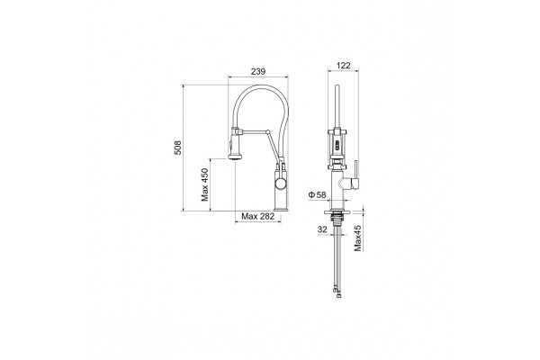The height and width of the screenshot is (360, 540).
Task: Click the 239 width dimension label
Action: pyautogui.click(x=258, y=71)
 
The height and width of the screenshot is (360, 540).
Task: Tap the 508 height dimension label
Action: pyautogui.click(x=177, y=148)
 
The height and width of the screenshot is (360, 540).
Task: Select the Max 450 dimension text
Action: pyautogui.click(x=205, y=184)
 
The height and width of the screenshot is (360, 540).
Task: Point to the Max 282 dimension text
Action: pyautogui.click(x=258, y=216)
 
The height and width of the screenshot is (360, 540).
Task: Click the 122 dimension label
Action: pyautogui.click(x=343, y=66)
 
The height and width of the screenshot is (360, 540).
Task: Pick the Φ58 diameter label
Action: pyautogui.click(x=317, y=195)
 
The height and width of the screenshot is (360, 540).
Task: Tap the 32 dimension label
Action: pyautogui.click(x=322, y=229)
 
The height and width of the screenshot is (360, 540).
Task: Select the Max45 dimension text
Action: pyautogui.click(x=358, y=238)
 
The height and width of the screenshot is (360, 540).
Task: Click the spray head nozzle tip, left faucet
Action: pyautogui.click(x=235, y=157)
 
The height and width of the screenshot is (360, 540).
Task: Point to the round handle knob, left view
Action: pyautogui.click(x=280, y=183)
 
